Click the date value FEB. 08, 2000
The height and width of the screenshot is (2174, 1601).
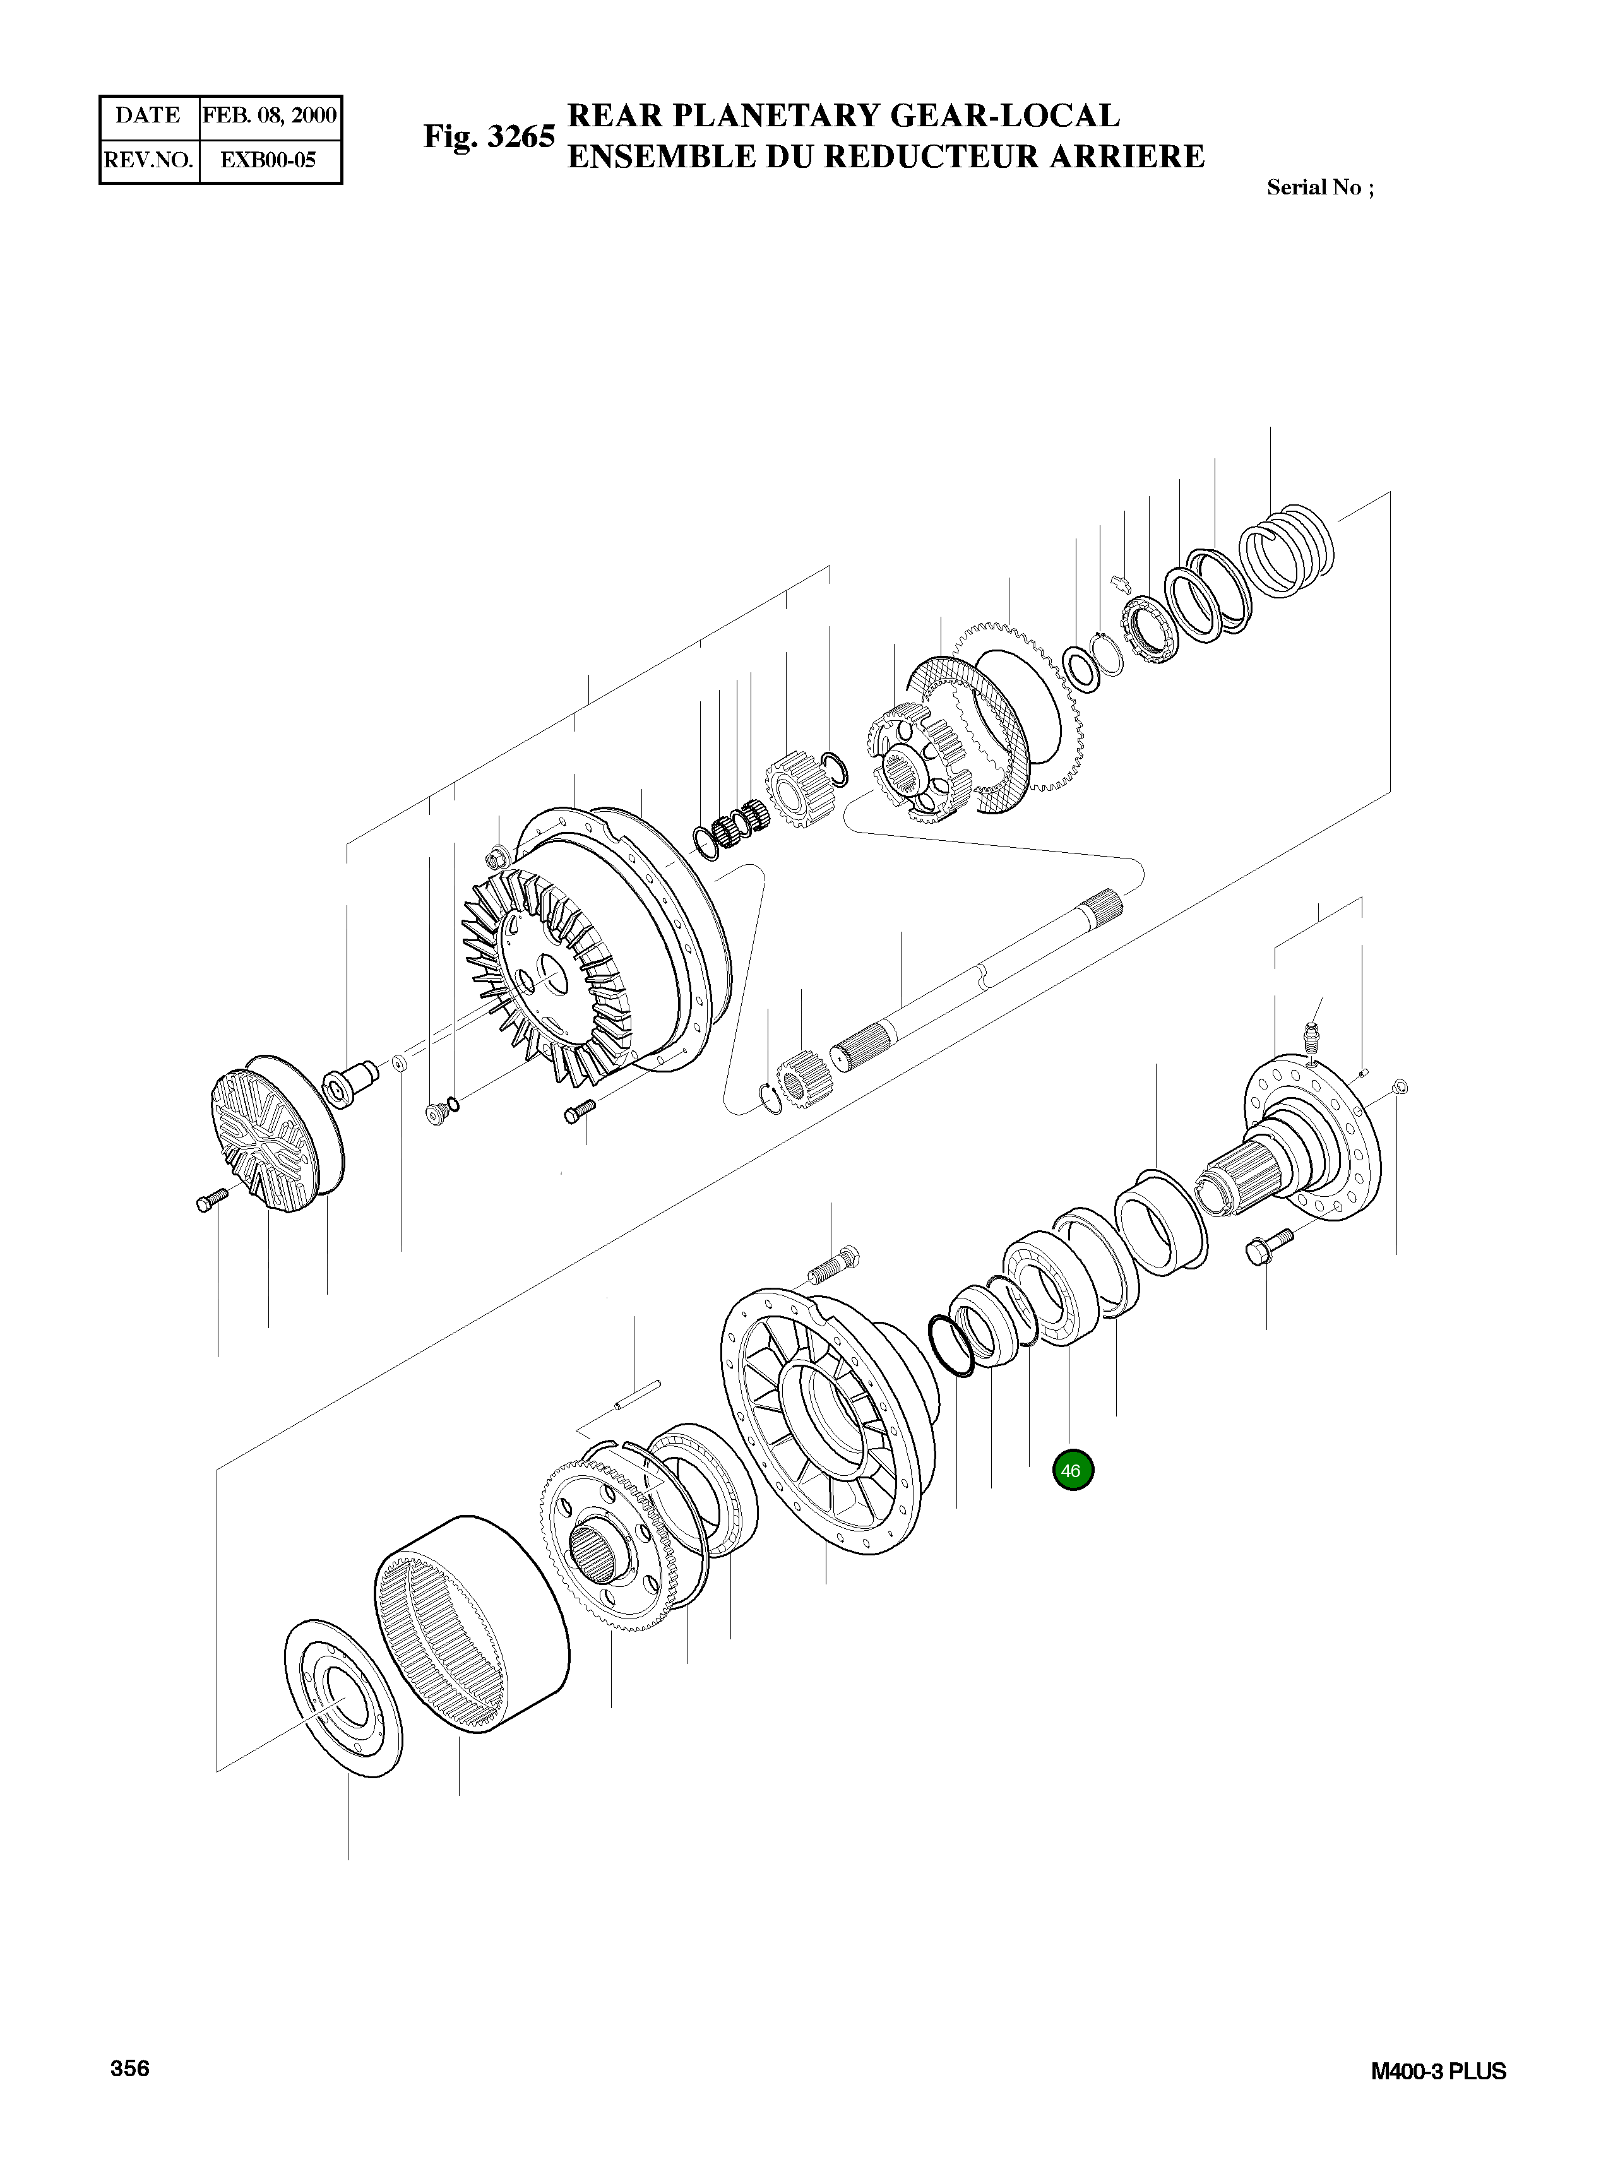pyautogui.click(x=270, y=116)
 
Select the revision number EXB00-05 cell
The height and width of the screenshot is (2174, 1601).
pyautogui.click(x=268, y=160)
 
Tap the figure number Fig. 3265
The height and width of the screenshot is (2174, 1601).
pyautogui.click(x=489, y=136)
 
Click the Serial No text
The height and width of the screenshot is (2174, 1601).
pyautogui.click(x=1319, y=188)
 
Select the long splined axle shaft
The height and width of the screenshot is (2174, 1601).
pyautogui.click(x=979, y=978)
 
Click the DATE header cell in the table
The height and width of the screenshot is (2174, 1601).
pyautogui.click(x=148, y=116)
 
